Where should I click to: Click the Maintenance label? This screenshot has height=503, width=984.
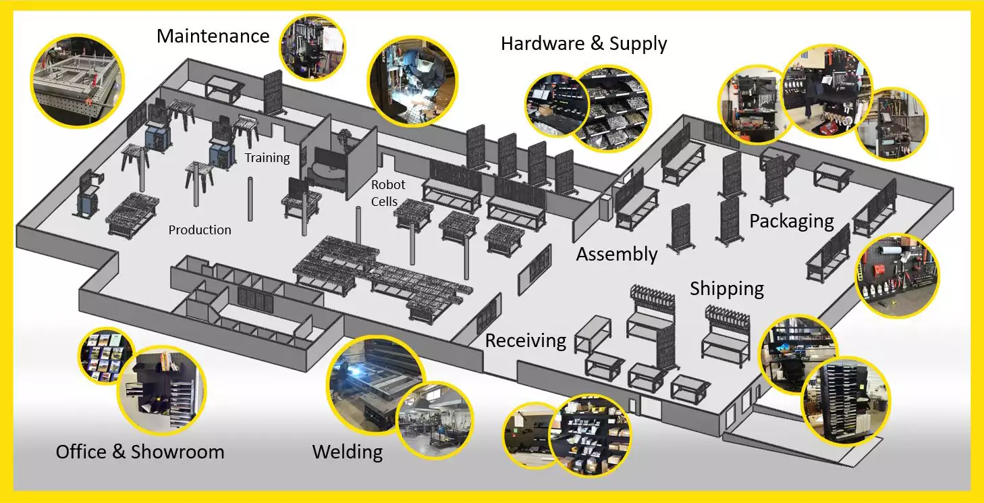pyautogui.click(x=213, y=36)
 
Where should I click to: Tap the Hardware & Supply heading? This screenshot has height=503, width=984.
pyautogui.click(x=584, y=44)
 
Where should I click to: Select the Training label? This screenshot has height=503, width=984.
pyautogui.click(x=267, y=158)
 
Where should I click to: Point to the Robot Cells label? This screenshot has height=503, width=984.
pyautogui.click(x=389, y=192)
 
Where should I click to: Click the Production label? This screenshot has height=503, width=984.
pyautogui.click(x=200, y=230)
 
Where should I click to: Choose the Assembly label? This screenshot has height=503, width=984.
pyautogui.click(x=616, y=255)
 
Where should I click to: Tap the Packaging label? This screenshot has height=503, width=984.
pyautogui.click(x=792, y=221)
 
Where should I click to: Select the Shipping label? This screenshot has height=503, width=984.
pyautogui.click(x=727, y=289)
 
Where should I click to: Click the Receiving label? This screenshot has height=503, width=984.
pyautogui.click(x=526, y=340)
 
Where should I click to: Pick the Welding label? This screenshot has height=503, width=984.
pyautogui.click(x=348, y=452)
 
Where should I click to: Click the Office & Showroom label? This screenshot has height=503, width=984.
pyautogui.click(x=140, y=452)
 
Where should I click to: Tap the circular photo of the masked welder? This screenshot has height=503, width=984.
pyautogui.click(x=412, y=82)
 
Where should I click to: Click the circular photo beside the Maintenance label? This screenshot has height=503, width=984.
pyautogui.click(x=312, y=48)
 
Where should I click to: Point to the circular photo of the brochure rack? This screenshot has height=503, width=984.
pyautogui.click(x=105, y=356)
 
